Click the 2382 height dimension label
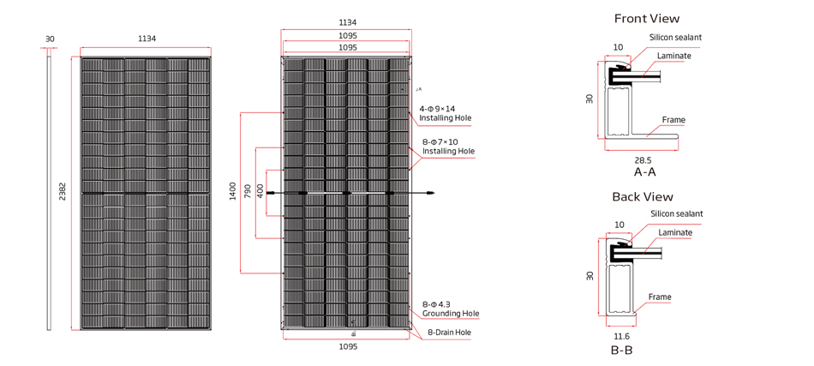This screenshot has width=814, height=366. point(63,193)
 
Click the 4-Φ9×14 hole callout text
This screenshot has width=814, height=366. point(437,110)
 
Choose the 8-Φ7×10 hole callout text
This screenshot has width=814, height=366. point(440,141)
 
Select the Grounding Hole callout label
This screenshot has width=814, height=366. point(451,314)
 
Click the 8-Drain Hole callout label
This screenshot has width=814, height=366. point(450,332)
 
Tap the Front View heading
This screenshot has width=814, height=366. point(647,19)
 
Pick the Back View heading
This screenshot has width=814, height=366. point(643,197)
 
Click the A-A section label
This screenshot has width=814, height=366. point(644,171)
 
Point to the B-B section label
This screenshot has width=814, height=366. point(621,350)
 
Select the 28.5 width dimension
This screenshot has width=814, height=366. point(643,160)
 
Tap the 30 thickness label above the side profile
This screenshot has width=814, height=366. point(50,39)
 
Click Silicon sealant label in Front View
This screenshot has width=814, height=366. point(675,38)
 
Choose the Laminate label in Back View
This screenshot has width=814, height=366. point(675,232)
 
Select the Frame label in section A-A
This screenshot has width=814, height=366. point(673,120)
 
